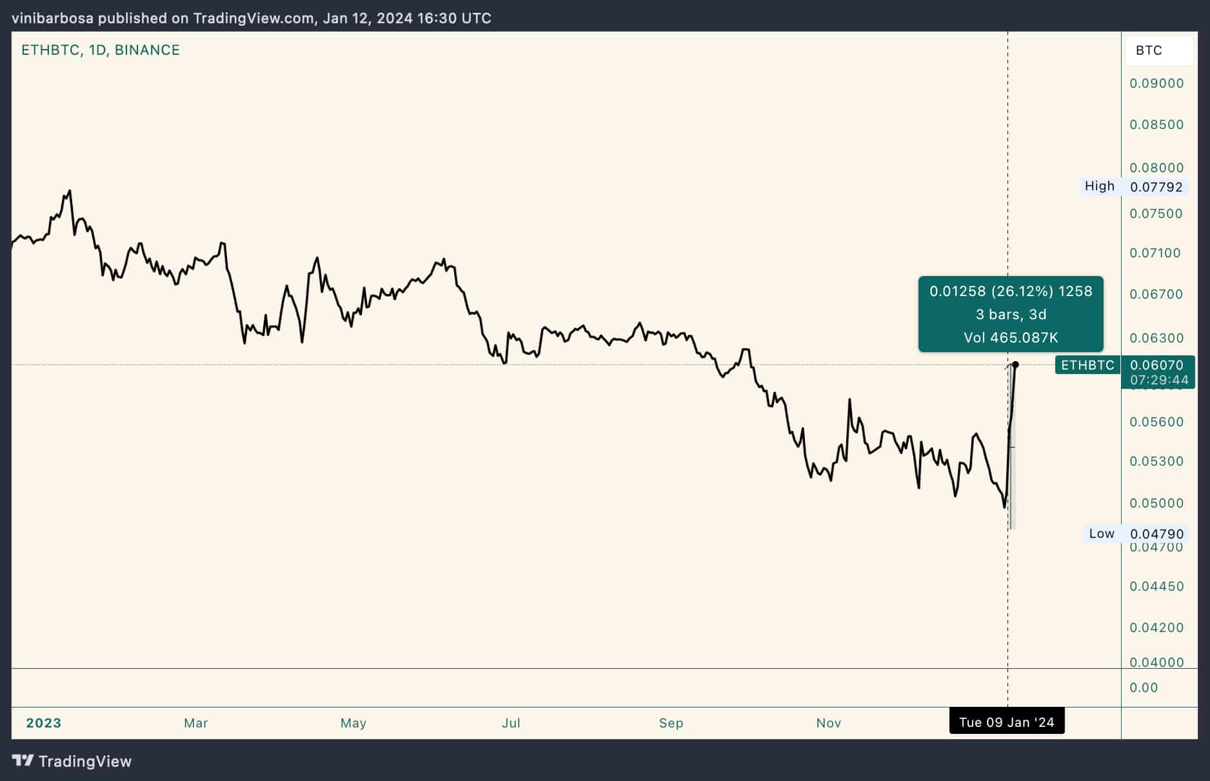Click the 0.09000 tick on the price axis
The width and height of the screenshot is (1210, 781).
pyautogui.click(x=1156, y=83)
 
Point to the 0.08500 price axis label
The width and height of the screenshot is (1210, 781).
pyautogui.click(x=1156, y=124)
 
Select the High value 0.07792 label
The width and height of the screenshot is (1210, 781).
pyautogui.click(x=1156, y=187)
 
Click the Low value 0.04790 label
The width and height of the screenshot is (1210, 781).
pyautogui.click(x=1156, y=534)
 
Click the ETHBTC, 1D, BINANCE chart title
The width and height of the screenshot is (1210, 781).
pyautogui.click(x=101, y=50)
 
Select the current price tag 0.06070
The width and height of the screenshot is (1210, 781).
pyautogui.click(x=1156, y=365)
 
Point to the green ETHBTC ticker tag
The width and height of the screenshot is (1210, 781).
pyautogui.click(x=1087, y=365)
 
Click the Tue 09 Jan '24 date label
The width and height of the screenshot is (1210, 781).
pyautogui.click(x=1006, y=722)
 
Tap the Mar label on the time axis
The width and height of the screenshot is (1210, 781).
pyautogui.click(x=196, y=723)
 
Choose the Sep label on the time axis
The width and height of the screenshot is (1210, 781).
pyautogui.click(x=671, y=723)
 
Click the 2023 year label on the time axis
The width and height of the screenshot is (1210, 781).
pyautogui.click(x=44, y=723)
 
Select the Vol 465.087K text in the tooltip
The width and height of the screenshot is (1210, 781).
pyautogui.click(x=1011, y=337)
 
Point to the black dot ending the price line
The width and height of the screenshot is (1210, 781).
pyautogui.click(x=1016, y=365)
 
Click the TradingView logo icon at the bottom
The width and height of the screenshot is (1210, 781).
pyautogui.click(x=23, y=761)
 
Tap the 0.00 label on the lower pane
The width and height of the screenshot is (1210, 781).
pyautogui.click(x=1144, y=687)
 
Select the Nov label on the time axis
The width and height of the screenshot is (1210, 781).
pyautogui.click(x=828, y=723)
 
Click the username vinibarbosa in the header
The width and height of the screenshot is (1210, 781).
pyautogui.click(x=53, y=18)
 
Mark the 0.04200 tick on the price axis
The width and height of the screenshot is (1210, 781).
pyautogui.click(x=1156, y=628)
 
